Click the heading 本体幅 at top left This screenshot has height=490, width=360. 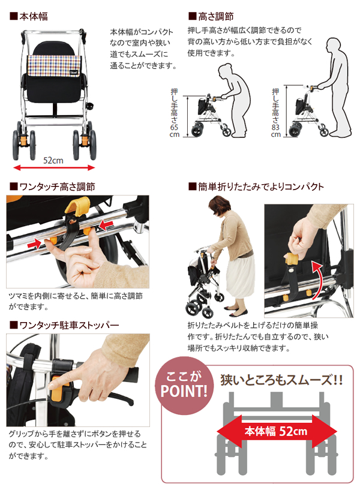(34, 16)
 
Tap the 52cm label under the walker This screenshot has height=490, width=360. (53, 160)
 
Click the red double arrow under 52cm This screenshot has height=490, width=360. (54, 168)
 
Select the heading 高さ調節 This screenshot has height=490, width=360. (215, 16)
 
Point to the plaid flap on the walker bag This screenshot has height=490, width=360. (55, 65)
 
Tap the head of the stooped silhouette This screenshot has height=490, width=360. (226, 73)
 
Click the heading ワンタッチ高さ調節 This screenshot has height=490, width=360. (57, 187)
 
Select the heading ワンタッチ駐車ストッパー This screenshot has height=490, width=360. (69, 325)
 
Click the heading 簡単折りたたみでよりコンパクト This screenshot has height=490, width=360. (260, 187)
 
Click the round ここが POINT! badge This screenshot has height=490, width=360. (184, 385)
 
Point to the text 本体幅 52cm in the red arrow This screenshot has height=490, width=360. (276, 431)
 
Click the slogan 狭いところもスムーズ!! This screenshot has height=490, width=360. (282, 380)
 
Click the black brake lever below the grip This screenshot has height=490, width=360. (103, 397)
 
